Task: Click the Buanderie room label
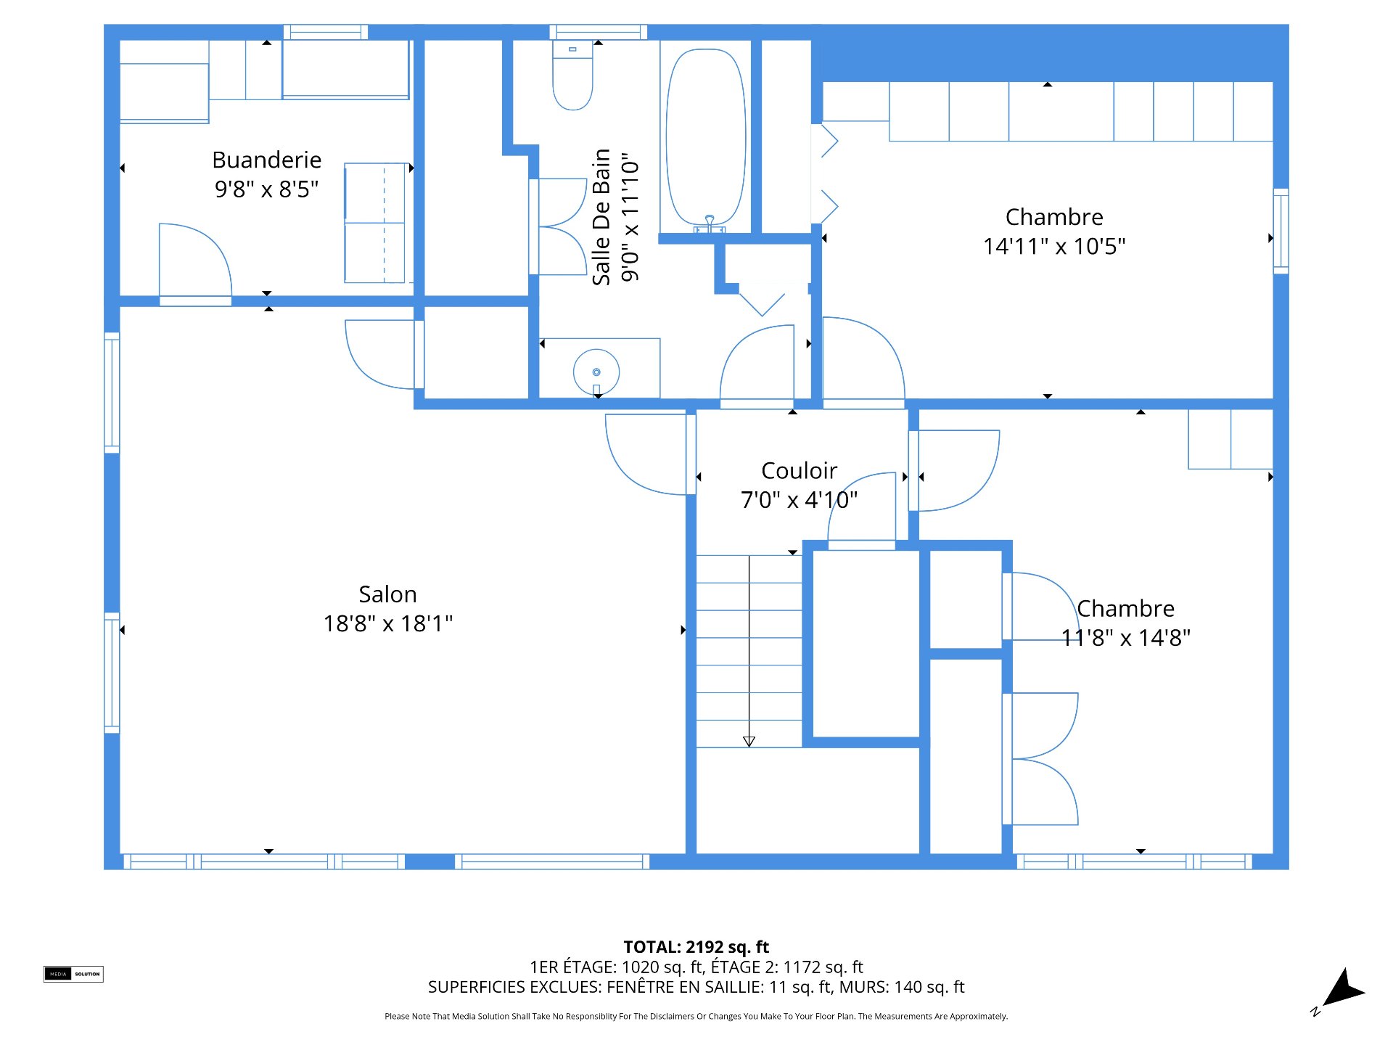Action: pos(266,160)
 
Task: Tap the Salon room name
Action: pos(388,594)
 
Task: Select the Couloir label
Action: pos(800,470)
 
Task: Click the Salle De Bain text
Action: pos(601,217)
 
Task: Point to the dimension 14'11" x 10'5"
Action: pos(1054,246)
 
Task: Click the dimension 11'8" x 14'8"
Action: pos(1126,638)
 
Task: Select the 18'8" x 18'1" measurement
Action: pos(388,623)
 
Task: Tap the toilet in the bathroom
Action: pos(573,75)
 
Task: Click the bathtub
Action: pos(706,138)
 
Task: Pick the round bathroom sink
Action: pos(596,372)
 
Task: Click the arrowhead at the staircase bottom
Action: pos(749,742)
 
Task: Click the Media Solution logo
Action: pos(73,974)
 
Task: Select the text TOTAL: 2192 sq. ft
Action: pos(696,947)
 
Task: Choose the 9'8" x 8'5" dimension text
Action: pos(266,189)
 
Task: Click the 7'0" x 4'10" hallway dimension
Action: pos(800,500)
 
